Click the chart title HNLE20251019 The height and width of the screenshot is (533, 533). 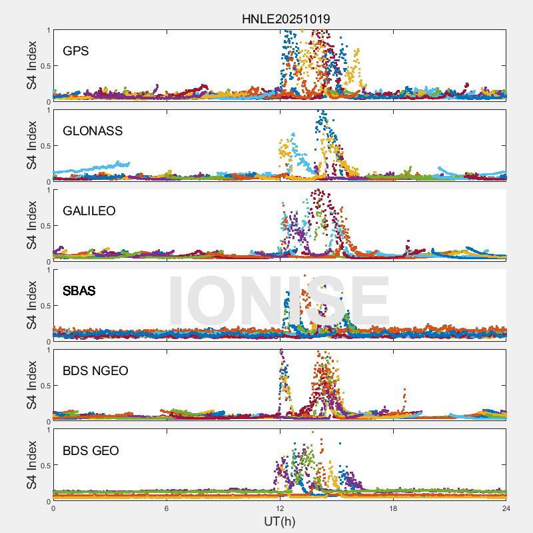pyautogui.click(x=285, y=19)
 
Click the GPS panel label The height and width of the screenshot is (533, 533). pyautogui.click(x=75, y=51)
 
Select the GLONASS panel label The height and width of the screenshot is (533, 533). pyautogui.click(x=93, y=131)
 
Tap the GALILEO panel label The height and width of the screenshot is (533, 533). pyautogui.click(x=89, y=211)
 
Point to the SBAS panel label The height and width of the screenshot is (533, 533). pyautogui.click(x=79, y=290)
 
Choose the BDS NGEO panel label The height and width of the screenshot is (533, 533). pyautogui.click(x=95, y=370)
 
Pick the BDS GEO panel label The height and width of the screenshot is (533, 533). pyautogui.click(x=91, y=450)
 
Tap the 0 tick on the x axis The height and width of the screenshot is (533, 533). pyautogui.click(x=53, y=508)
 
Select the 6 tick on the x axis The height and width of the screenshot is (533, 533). pyautogui.click(x=167, y=508)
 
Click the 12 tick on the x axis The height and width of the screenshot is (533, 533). pyautogui.click(x=280, y=508)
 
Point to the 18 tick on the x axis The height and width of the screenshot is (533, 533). pyautogui.click(x=393, y=508)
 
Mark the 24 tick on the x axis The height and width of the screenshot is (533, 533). pyautogui.click(x=506, y=508)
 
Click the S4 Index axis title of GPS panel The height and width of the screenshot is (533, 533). pyautogui.click(x=31, y=65)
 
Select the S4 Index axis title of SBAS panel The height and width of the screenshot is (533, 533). pyautogui.click(x=31, y=305)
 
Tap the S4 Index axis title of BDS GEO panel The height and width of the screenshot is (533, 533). pyautogui.click(x=31, y=465)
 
